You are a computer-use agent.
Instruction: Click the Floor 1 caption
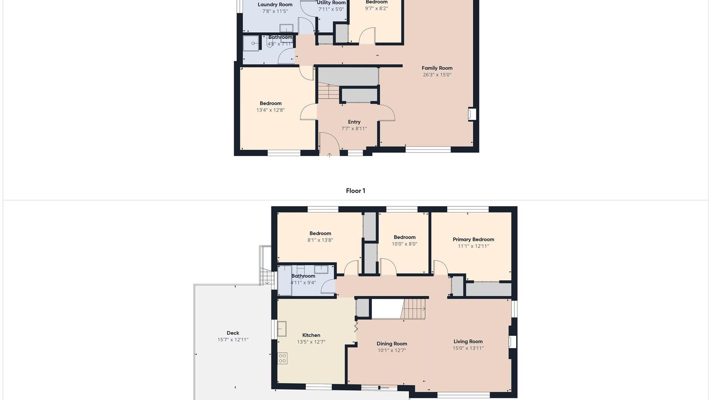pyautogui.click(x=355, y=191)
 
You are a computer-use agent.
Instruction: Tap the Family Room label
pyautogui.click(x=437, y=68)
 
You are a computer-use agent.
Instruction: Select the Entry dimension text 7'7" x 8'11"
pyautogui.click(x=354, y=129)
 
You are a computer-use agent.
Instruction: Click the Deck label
pyautogui.click(x=233, y=333)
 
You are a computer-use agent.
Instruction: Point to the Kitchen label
pyautogui.click(x=311, y=335)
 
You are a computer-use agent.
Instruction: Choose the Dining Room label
pyautogui.click(x=392, y=344)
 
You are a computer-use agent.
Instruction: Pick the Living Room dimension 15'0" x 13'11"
pyautogui.click(x=468, y=348)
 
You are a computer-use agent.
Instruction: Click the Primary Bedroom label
pyautogui.click(x=473, y=239)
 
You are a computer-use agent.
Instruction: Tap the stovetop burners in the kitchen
pyautogui.click(x=283, y=358)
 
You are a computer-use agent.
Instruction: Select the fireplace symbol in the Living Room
pyautogui.click(x=513, y=342)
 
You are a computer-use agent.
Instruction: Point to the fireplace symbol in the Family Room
pyautogui.click(x=472, y=114)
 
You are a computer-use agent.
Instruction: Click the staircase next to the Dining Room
pyautogui.click(x=414, y=309)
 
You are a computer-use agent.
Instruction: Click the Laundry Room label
pyautogui.click(x=275, y=5)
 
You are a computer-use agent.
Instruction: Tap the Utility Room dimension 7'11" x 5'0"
pyautogui.click(x=331, y=9)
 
